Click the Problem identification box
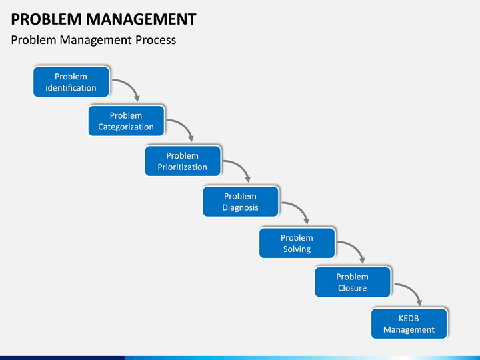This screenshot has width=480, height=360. [x=71, y=82]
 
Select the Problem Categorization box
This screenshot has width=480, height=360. [x=127, y=121]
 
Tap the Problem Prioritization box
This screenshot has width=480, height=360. [x=183, y=161]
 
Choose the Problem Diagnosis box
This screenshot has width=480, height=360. [x=241, y=202]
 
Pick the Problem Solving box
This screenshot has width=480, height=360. [x=297, y=243]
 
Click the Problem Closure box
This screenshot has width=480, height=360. [x=353, y=282]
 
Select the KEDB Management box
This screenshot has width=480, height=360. [x=409, y=323]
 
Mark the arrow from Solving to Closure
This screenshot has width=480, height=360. [x=357, y=247]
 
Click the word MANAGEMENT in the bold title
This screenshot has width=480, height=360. [x=141, y=19]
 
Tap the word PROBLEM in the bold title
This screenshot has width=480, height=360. [x=46, y=19]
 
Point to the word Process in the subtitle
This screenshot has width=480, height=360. [x=156, y=40]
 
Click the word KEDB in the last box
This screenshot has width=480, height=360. [x=409, y=319]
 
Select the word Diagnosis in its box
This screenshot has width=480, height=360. [x=240, y=207]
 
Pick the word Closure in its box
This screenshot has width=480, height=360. [x=353, y=288]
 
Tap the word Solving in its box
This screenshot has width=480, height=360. [x=297, y=249]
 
